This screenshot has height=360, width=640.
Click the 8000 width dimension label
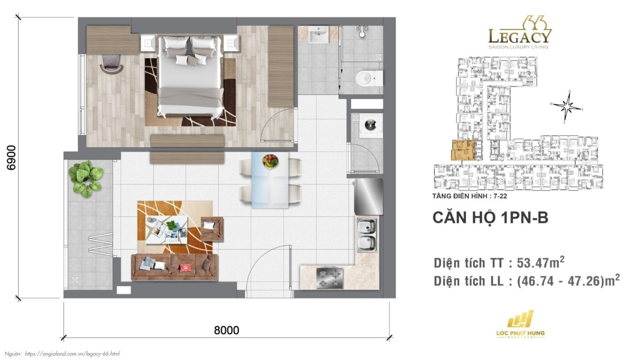click(226, 330)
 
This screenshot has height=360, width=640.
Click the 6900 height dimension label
click(12, 157)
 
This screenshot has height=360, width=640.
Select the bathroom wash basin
click(318, 35)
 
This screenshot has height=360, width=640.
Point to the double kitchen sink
click(367, 235)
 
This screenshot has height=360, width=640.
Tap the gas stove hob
click(329, 278)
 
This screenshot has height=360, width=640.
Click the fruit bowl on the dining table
click(270, 161)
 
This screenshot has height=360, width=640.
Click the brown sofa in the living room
click(174, 267)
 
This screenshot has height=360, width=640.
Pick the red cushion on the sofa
click(185, 268)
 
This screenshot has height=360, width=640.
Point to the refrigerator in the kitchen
click(368, 196)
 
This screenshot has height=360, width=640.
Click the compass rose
click(567, 107)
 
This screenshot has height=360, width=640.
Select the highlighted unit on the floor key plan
click(463, 150)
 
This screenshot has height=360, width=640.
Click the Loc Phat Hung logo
click(520, 324)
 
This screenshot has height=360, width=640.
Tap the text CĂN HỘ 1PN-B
click(490, 218)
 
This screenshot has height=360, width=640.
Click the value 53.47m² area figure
click(540, 262)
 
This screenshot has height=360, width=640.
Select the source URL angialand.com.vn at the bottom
click(72, 354)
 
